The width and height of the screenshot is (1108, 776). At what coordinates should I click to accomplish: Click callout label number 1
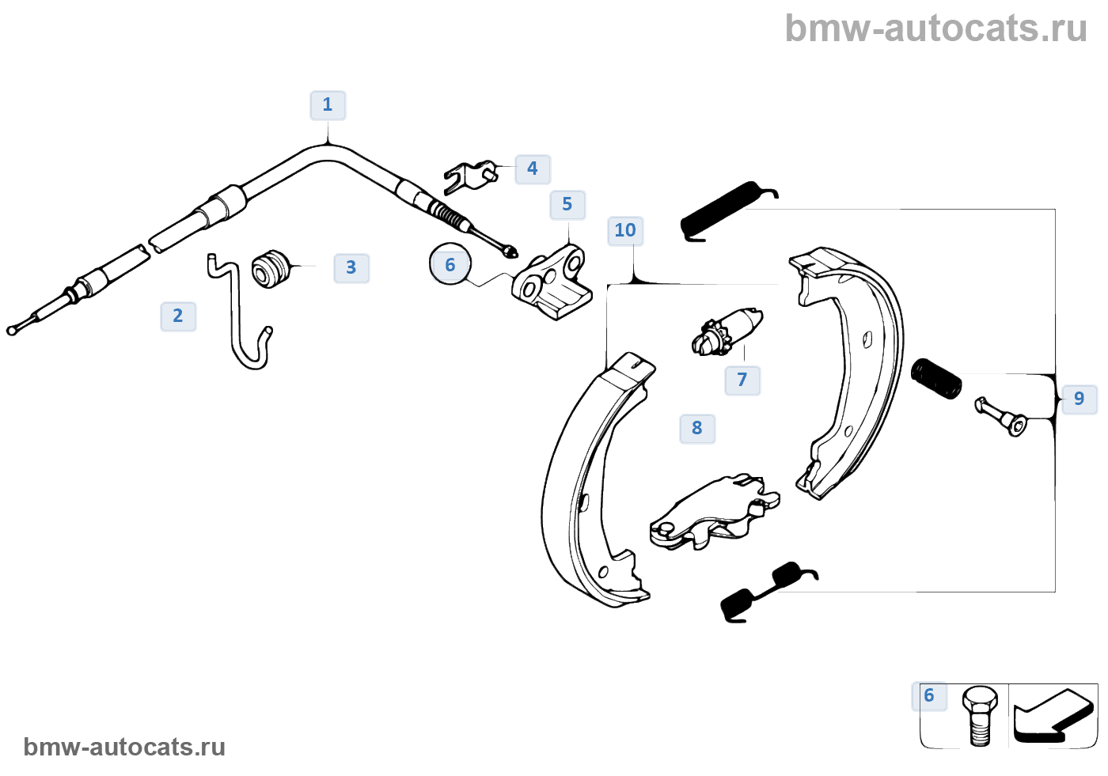pos(328,105)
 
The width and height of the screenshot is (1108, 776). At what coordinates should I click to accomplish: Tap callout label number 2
pos(178,316)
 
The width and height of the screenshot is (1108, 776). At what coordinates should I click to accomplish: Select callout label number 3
pos(351,268)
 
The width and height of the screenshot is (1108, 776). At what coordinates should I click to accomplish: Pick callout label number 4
pos(533,169)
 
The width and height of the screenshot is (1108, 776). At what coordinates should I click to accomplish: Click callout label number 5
pos(567,205)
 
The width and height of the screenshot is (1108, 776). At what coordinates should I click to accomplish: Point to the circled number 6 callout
pos(450,265)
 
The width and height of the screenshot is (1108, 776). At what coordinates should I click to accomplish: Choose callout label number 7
pos(742,380)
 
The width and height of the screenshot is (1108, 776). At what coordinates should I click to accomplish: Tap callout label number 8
pos(697,429)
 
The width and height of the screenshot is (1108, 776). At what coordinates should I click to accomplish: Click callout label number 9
pos(1079,399)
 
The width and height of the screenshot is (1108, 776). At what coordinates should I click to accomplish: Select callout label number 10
pos(625,231)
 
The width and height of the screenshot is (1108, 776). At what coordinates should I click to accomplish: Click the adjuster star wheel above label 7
pos(710,338)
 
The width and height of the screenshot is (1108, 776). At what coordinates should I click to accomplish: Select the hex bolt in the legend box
pos(979,714)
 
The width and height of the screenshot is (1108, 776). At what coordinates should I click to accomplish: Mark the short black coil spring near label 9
pos(936,379)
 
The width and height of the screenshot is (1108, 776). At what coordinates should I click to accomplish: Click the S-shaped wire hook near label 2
pos(239,316)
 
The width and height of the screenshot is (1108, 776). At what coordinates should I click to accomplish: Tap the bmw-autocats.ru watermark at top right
pos(935,28)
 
